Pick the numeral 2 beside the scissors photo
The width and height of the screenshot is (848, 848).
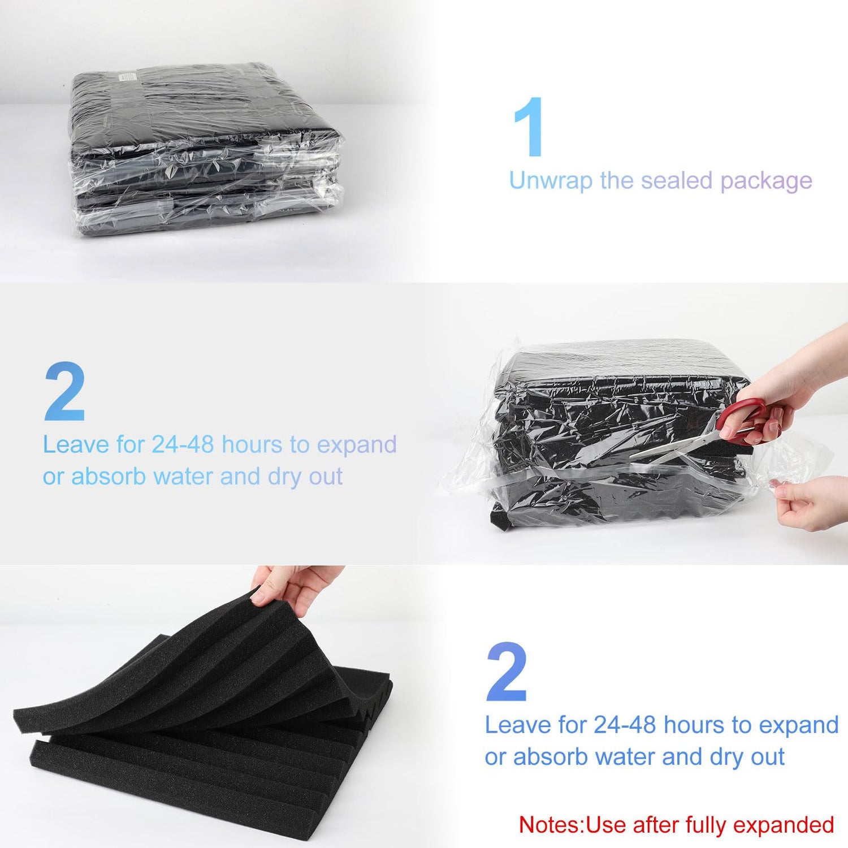click(65, 392)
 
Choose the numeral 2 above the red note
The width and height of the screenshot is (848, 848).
click(507, 672)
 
